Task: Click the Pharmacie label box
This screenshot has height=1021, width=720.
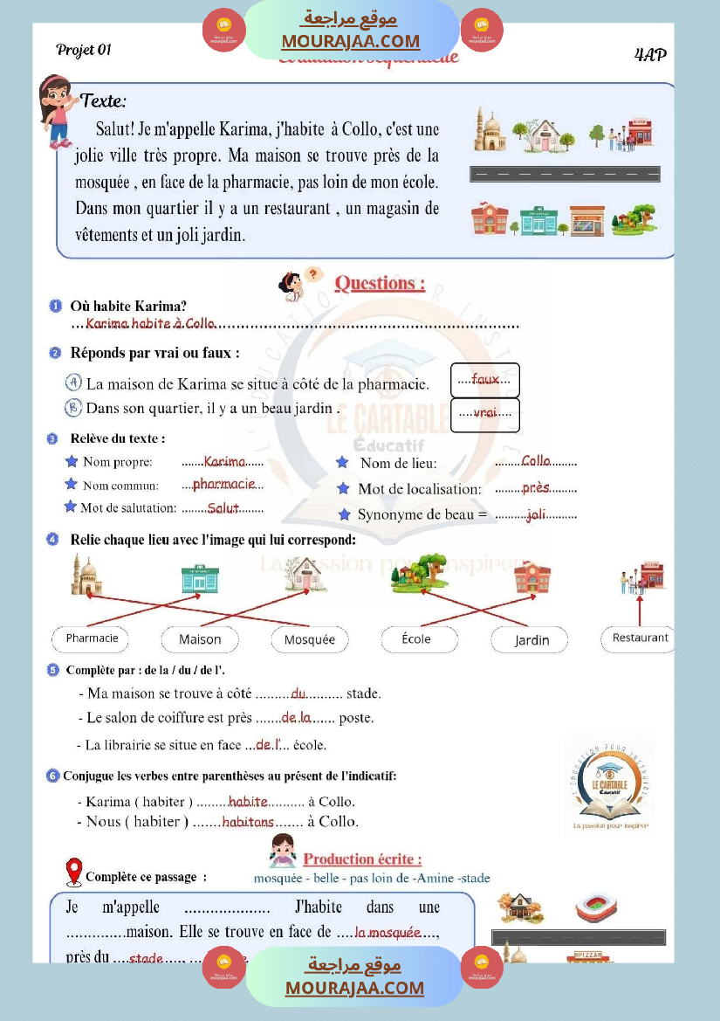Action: [91, 638]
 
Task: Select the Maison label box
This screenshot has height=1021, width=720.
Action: [200, 639]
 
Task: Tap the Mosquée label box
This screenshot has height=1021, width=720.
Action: [309, 639]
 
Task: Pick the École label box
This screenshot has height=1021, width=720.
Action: [417, 639]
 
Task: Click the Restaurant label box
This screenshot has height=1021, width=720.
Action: [640, 638]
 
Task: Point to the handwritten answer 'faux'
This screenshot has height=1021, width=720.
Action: [485, 379]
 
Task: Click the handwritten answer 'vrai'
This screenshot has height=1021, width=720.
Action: [485, 413]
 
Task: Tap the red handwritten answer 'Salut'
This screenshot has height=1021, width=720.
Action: [223, 507]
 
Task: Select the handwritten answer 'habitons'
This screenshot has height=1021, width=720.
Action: [248, 822]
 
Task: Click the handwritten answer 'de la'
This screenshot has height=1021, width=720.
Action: [296, 718]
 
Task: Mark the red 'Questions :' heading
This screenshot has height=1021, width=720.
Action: [381, 283]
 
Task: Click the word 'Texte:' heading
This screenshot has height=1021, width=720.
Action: [103, 100]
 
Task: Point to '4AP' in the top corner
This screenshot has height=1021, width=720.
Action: [650, 55]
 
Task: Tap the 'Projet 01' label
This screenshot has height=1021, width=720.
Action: [84, 50]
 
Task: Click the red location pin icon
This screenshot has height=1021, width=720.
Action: [74, 871]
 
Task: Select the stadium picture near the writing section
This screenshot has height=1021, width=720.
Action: [596, 909]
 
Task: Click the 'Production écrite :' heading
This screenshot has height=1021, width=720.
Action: [362, 859]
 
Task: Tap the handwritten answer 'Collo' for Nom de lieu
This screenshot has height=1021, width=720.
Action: [536, 461]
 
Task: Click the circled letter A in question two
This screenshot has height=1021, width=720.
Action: [74, 383]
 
